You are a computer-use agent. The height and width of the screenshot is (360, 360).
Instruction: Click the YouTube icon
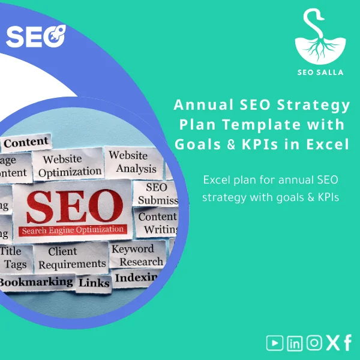[275, 343]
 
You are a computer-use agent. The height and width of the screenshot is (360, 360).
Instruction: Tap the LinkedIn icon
[295, 343]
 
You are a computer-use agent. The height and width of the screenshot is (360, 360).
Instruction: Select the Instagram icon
[314, 343]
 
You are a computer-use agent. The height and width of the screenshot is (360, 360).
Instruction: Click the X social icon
[332, 343]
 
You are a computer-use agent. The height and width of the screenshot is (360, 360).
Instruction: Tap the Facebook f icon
[347, 343]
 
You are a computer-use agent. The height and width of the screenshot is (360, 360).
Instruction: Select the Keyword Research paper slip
[137, 255]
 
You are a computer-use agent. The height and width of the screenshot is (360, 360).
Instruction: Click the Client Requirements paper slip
[71, 257]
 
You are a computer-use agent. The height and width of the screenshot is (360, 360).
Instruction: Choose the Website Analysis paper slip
[136, 161]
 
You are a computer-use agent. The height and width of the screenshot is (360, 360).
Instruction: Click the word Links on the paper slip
[94, 283]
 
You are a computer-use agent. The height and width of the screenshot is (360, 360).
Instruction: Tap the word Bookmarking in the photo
[36, 281]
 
